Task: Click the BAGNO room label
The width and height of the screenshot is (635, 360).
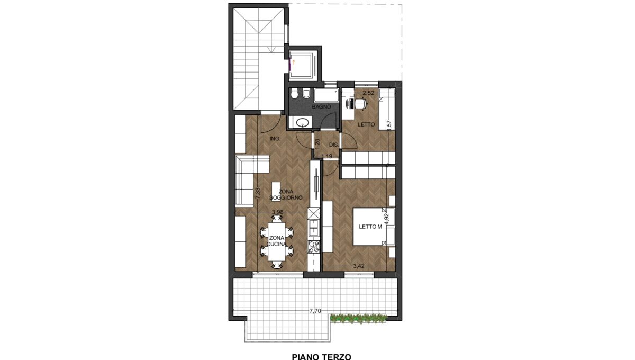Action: [x=321, y=107]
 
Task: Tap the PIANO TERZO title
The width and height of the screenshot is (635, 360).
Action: [x=322, y=356]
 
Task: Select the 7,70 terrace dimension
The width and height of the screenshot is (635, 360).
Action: [x=315, y=311]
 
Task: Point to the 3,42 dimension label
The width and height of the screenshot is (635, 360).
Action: [x=359, y=266]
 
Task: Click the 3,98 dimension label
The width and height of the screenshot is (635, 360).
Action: [x=277, y=212]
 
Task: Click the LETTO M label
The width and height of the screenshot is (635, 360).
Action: [x=370, y=227]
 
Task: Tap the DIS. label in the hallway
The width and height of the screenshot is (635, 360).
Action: [x=334, y=145]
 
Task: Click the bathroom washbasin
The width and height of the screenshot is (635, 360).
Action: [x=303, y=122]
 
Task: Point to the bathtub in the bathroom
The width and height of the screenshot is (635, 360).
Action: [x=326, y=95]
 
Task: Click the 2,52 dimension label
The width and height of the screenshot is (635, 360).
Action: [x=368, y=93]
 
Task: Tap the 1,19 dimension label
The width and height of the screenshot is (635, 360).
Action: [x=327, y=156]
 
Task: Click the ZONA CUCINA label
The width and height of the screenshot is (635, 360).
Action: [x=276, y=241]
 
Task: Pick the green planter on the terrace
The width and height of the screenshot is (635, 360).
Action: [x=359, y=318]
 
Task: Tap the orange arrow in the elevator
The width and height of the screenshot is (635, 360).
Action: [x=294, y=62]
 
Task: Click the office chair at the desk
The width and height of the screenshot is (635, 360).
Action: [x=360, y=103]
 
